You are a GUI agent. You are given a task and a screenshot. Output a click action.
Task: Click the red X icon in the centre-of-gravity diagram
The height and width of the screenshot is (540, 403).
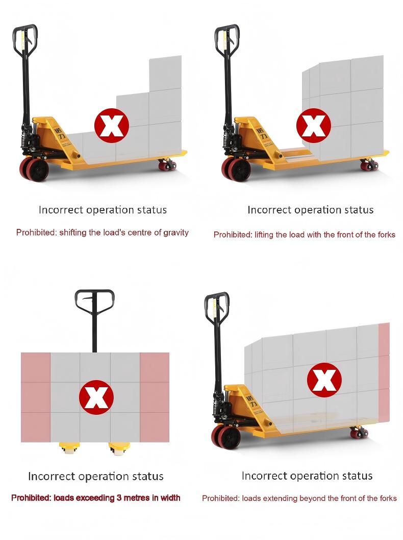click(x=112, y=125)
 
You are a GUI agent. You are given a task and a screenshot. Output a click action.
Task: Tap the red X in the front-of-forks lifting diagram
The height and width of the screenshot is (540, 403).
click(x=314, y=125)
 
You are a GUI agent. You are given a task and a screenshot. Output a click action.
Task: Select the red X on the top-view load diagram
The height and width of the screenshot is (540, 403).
click(x=96, y=397)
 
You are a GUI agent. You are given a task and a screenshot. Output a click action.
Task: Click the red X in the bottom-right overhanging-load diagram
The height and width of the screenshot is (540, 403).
click(x=324, y=380)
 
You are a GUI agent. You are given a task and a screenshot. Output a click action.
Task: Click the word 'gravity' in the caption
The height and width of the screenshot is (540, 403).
click(x=175, y=233)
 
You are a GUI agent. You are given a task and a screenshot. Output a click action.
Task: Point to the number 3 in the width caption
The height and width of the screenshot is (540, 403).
click(x=119, y=498)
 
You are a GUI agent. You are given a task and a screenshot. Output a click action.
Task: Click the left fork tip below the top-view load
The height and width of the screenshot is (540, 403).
click(x=69, y=449)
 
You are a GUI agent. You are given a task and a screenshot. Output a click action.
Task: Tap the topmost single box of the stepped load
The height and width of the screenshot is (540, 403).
click(x=165, y=73)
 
